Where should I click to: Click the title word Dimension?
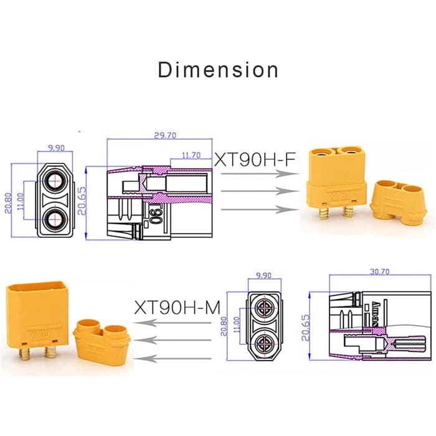point(218,70)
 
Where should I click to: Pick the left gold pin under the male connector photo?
point(26,356)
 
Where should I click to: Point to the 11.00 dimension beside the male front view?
point(235,325)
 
